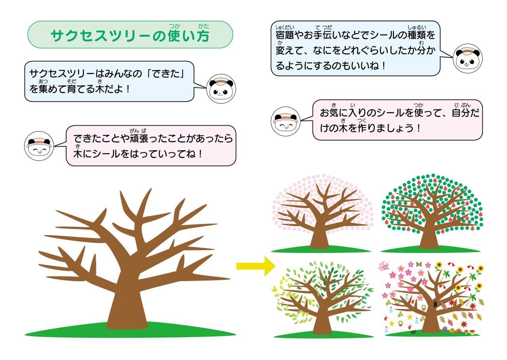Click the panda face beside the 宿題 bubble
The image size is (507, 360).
pyautogui.click(x=467, y=58)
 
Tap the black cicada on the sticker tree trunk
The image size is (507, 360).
pyautogui.click(x=435, y=304)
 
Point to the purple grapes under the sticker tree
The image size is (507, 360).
pyautogui.click(x=444, y=329)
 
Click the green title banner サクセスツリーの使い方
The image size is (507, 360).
pyautogui.click(x=130, y=35)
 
